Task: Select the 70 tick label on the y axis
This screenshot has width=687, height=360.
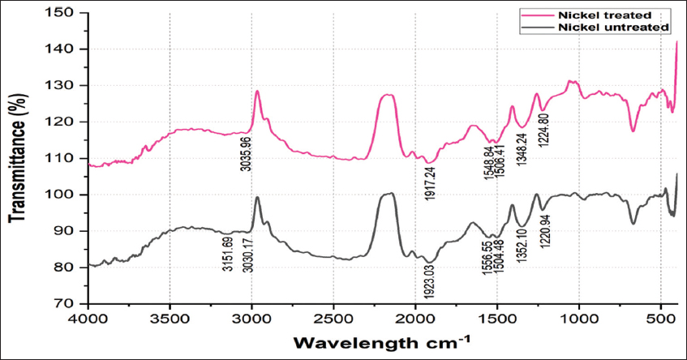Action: point(67,304)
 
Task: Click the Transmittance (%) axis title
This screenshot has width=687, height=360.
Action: point(18,158)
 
